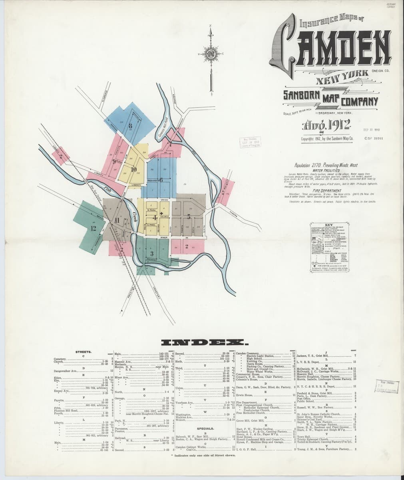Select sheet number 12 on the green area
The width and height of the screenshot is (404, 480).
pos(93,228)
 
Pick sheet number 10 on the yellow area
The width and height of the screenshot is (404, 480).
pos(133,169)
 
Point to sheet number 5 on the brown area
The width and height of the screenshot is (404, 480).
pos(188,217)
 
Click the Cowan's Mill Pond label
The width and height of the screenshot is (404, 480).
pos(163,128)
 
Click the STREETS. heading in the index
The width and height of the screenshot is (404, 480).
pos(84,352)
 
